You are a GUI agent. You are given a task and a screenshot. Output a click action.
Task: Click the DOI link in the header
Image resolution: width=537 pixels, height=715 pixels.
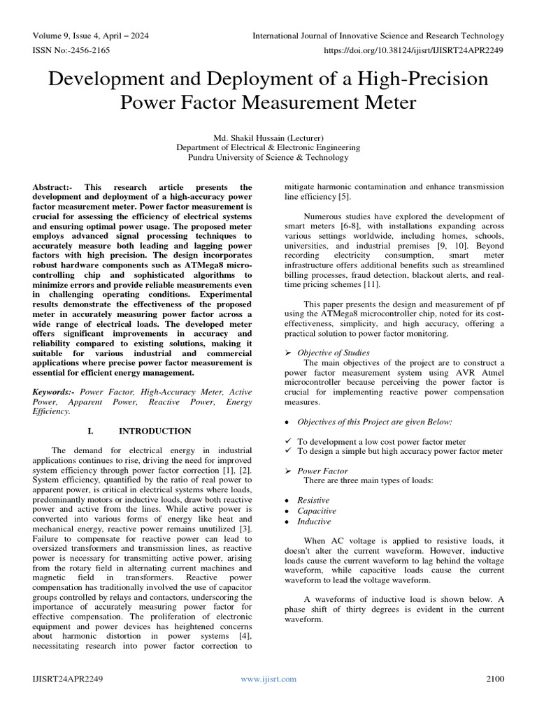click(x=415, y=51)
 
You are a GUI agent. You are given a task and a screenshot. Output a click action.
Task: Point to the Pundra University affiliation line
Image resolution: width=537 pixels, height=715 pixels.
click(x=268, y=158)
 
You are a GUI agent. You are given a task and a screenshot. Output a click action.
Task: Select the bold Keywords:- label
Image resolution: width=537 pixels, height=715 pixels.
click(x=55, y=392)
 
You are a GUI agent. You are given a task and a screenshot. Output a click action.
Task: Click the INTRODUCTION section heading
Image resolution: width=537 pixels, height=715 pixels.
click(x=155, y=431)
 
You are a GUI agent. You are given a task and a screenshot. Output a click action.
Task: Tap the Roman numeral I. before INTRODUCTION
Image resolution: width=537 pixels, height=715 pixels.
click(x=94, y=431)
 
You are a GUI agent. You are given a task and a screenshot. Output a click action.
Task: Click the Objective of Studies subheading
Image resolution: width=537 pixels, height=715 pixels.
click(x=334, y=353)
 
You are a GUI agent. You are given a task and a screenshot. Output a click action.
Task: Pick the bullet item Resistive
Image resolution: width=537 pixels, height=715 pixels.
click(x=313, y=501)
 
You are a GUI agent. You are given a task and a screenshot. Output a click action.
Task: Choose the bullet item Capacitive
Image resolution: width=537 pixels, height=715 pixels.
click(x=316, y=511)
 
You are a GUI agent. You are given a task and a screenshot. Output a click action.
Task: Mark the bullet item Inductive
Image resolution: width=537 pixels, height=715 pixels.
click(x=314, y=522)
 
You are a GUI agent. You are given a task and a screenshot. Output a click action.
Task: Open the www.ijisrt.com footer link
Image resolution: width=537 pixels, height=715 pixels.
click(x=268, y=679)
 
